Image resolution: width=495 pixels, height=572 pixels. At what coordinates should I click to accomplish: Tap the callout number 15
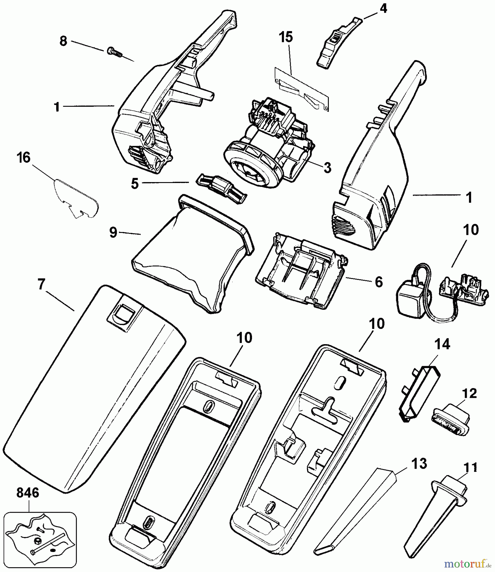[x=286, y=37]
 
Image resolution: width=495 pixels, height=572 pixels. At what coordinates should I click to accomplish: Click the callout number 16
[x=24, y=158]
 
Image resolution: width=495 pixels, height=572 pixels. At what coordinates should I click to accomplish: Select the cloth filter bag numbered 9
[x=191, y=254]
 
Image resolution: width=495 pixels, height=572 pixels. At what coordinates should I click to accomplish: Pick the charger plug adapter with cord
[x=413, y=296]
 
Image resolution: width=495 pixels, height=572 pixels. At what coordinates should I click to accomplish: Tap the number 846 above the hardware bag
[x=28, y=493]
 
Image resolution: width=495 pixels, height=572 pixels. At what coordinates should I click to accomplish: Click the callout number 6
[x=379, y=282]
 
